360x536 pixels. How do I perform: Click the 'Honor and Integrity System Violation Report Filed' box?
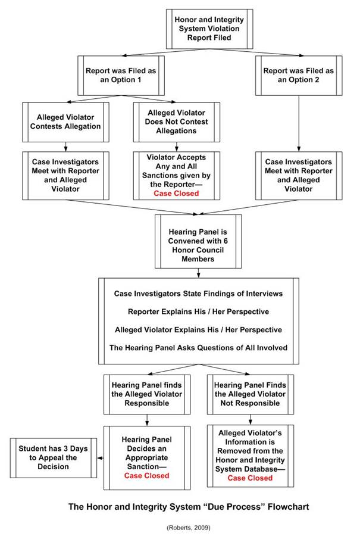(x=209, y=29)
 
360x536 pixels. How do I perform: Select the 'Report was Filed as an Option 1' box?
(x=121, y=76)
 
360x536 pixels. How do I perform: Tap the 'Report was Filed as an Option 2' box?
(x=299, y=76)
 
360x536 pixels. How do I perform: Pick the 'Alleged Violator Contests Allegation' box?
(x=65, y=122)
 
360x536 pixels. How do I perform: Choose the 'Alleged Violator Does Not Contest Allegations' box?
(x=177, y=122)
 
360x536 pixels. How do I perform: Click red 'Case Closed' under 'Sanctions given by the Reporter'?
(x=176, y=194)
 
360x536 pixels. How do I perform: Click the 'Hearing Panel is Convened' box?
(x=198, y=241)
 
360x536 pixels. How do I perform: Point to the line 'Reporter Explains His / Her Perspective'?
(x=198, y=311)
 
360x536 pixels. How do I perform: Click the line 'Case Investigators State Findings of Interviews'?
(x=198, y=294)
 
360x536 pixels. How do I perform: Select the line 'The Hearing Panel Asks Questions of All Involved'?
(x=198, y=348)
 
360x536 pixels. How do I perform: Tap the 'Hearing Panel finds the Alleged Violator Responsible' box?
(x=147, y=394)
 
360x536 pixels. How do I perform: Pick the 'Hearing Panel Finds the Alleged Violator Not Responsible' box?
(x=251, y=394)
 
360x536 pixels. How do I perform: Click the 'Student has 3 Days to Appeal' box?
(x=54, y=458)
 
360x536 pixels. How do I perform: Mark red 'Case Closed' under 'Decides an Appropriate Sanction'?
(x=147, y=476)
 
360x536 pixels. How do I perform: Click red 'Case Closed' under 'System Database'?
(x=251, y=478)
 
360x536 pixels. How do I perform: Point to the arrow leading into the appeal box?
(x=101, y=458)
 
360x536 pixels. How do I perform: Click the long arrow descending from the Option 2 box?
(x=299, y=123)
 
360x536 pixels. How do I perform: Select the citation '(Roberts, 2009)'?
(x=189, y=528)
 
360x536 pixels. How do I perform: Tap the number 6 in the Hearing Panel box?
(x=226, y=241)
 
